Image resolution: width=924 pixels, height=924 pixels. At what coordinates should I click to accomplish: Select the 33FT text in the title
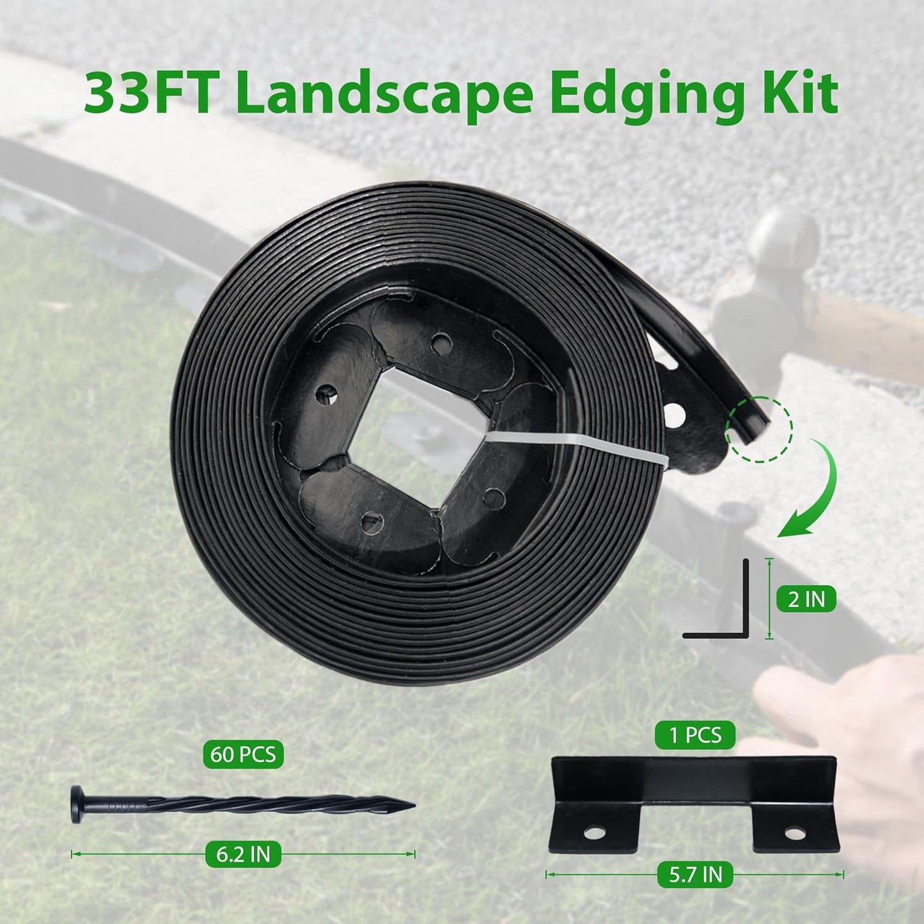[x=153, y=95]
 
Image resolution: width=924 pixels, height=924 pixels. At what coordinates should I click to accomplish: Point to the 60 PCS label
[x=243, y=755]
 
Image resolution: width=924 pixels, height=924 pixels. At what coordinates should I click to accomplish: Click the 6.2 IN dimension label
[x=243, y=854]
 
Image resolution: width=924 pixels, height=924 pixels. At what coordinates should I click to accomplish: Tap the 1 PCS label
[x=695, y=735]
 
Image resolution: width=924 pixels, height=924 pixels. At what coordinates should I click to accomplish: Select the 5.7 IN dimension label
[x=695, y=874]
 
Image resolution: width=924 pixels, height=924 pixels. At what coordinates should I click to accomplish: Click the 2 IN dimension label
[x=806, y=599]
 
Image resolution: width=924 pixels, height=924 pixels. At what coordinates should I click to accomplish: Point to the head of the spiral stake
[x=77, y=804]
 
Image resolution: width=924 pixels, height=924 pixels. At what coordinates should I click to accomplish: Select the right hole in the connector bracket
[x=795, y=833]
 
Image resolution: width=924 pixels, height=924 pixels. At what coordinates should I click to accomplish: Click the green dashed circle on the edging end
[x=759, y=428]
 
